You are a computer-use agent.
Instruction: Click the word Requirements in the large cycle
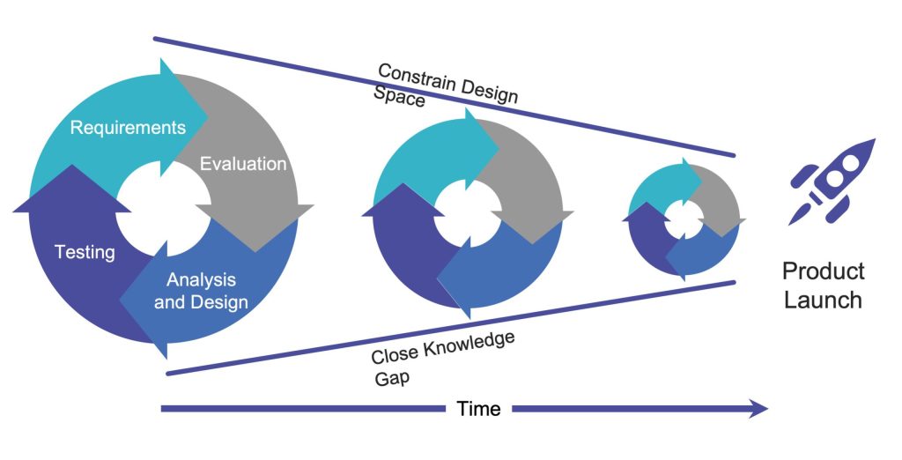(x=128, y=128)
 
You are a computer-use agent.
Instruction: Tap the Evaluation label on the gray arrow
(x=243, y=164)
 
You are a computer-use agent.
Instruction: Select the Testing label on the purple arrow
(x=85, y=253)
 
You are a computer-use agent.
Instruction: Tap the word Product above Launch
(x=823, y=271)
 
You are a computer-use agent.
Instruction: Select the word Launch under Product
(x=823, y=300)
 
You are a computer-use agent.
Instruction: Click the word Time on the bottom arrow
(x=479, y=409)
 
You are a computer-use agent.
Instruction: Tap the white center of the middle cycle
(x=465, y=211)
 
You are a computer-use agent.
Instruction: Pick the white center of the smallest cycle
(x=684, y=216)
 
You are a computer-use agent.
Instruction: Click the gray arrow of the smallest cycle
(x=722, y=198)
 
